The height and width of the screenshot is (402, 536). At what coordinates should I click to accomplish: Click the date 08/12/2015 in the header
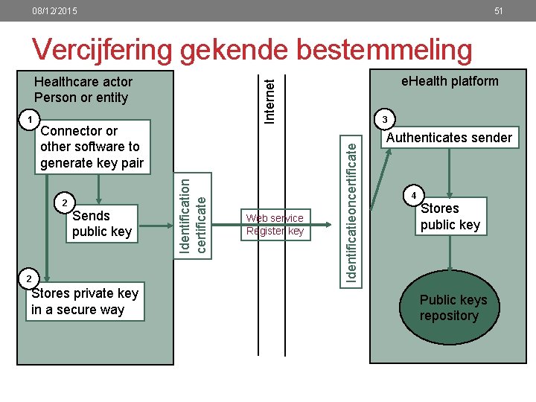coord(54,11)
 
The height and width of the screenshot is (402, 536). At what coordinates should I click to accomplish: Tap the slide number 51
coord(499,11)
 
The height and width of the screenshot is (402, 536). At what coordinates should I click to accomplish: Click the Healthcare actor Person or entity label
coord(83,89)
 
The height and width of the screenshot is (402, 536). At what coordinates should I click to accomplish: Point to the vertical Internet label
coord(272,92)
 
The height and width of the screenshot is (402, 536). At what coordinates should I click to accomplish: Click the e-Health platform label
coord(450,81)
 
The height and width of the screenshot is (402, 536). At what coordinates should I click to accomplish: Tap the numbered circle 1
coord(28,121)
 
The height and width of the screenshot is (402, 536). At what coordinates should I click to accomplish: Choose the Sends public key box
coord(102,223)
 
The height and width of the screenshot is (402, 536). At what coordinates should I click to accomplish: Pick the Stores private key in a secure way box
coord(86,301)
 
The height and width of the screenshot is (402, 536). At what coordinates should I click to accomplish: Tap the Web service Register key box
coord(275,224)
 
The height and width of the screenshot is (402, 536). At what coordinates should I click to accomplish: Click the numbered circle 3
coord(384,121)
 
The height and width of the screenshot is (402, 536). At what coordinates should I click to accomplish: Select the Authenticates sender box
coord(449,137)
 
